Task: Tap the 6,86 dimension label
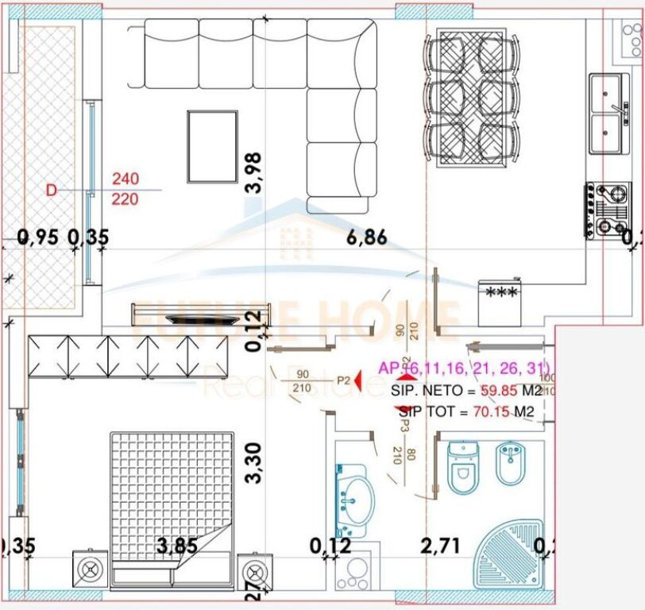pos(373,236)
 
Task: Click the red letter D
pos(52,191)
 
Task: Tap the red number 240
pos(125,180)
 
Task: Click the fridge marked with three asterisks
pos(500,302)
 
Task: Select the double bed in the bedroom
pos(172,496)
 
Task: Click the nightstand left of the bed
pos(90,569)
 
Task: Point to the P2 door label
pos(343,380)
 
